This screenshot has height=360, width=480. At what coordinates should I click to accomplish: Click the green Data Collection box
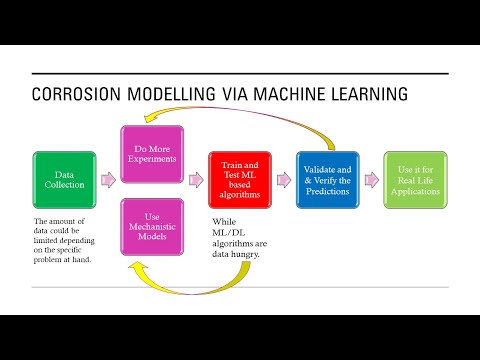click(x=64, y=180)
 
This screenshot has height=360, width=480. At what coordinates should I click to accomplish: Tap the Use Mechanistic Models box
click(x=152, y=227)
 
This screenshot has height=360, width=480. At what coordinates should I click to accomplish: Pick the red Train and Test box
click(x=239, y=180)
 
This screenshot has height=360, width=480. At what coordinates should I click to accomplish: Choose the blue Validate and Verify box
click(x=328, y=180)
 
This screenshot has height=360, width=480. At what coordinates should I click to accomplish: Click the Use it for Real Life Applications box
click(x=415, y=180)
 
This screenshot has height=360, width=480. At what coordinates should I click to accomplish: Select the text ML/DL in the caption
click(x=230, y=234)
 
